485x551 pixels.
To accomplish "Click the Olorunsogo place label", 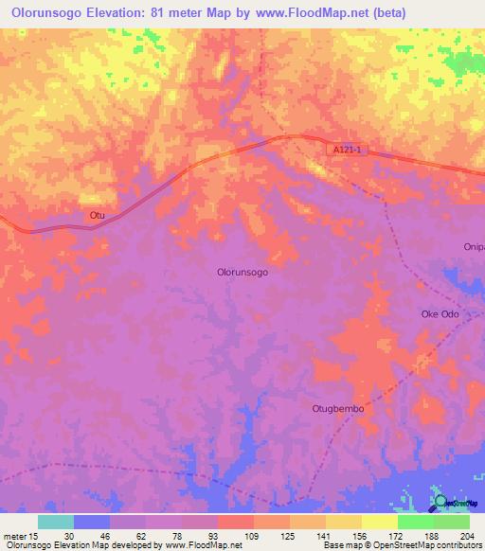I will pyautogui.click(x=242, y=272).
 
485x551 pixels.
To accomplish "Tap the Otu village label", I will pyautogui.click(x=96, y=216).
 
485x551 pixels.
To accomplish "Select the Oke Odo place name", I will pyautogui.click(x=440, y=314).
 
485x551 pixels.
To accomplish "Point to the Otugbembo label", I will pyautogui.click(x=338, y=409).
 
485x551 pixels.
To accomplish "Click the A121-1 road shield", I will pyautogui.click(x=348, y=151).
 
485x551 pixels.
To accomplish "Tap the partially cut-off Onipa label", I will pyautogui.click(x=474, y=247).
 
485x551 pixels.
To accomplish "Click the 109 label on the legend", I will pyautogui.click(x=253, y=535).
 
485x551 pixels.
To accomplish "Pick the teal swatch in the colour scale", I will pyautogui.click(x=56, y=522).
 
